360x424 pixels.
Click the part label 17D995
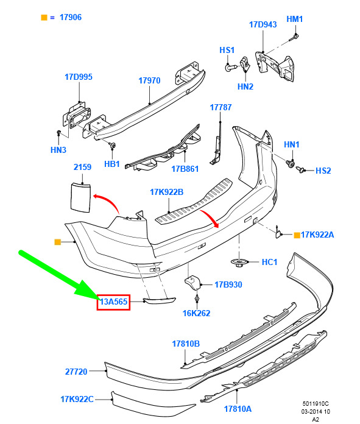[x=79, y=77]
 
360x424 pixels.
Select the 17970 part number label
[x=149, y=80]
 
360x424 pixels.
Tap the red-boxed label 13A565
[x=113, y=302]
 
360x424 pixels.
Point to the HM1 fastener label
[x=295, y=19]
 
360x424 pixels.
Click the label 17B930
[x=228, y=284]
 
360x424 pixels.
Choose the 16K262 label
[x=196, y=313]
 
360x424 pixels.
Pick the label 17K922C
[x=77, y=399]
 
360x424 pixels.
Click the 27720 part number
[x=76, y=372]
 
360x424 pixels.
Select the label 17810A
[x=238, y=409]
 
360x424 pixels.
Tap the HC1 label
[x=269, y=262]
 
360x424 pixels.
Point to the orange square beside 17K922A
[x=297, y=235]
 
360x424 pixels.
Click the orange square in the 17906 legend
[x=44, y=18]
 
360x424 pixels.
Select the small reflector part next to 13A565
[x=160, y=300]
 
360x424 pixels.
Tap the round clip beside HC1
[x=239, y=263]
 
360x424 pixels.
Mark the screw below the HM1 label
[x=294, y=38]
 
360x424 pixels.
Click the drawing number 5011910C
[x=316, y=404]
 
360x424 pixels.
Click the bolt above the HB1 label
[x=113, y=145]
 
